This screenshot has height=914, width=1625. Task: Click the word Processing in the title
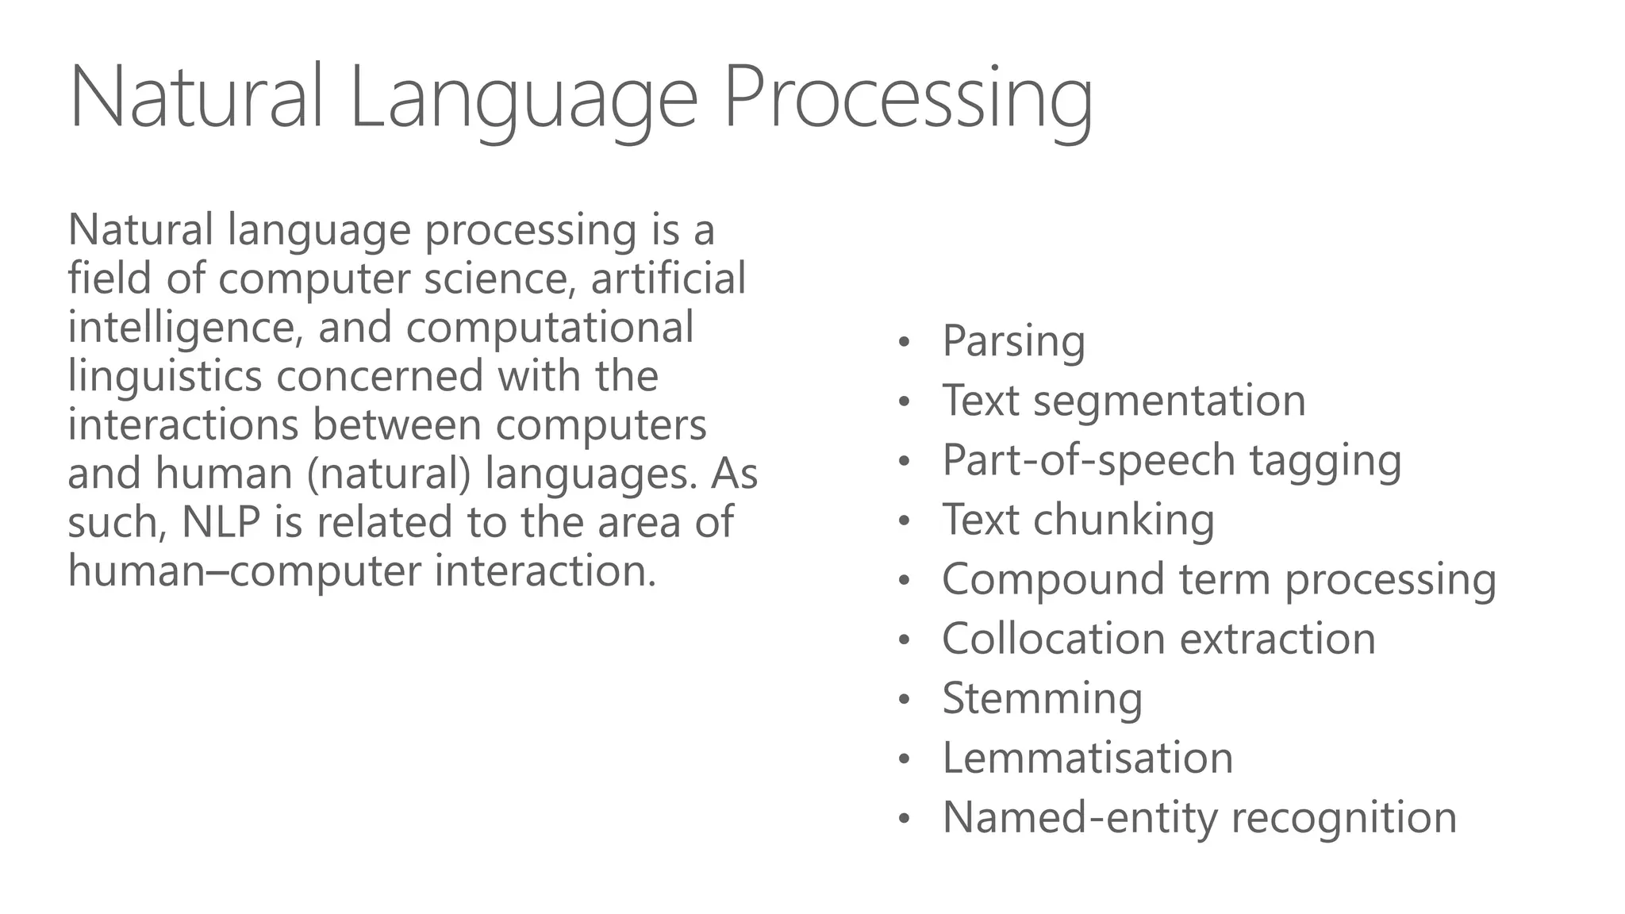(x=909, y=99)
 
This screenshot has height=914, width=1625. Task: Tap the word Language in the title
(x=523, y=99)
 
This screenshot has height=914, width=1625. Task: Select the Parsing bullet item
(x=1013, y=341)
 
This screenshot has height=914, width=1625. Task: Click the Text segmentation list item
(x=1124, y=401)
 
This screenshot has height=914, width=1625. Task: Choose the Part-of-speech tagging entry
(x=1171, y=460)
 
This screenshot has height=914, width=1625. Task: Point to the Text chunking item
(x=1078, y=520)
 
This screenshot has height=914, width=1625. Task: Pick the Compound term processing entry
(x=1219, y=579)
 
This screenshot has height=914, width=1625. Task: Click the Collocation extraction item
(x=1158, y=639)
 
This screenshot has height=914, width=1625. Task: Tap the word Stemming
(x=1042, y=698)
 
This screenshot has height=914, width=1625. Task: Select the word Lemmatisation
(x=1087, y=758)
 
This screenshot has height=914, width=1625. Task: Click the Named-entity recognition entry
(x=1199, y=817)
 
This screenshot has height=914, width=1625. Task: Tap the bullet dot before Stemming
(x=903, y=701)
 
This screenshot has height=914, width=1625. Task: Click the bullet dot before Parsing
(x=903, y=344)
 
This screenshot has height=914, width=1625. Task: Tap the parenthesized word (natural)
(x=388, y=474)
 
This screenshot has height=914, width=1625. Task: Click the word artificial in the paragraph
(x=668, y=279)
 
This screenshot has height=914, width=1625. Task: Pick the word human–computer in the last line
(x=244, y=571)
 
